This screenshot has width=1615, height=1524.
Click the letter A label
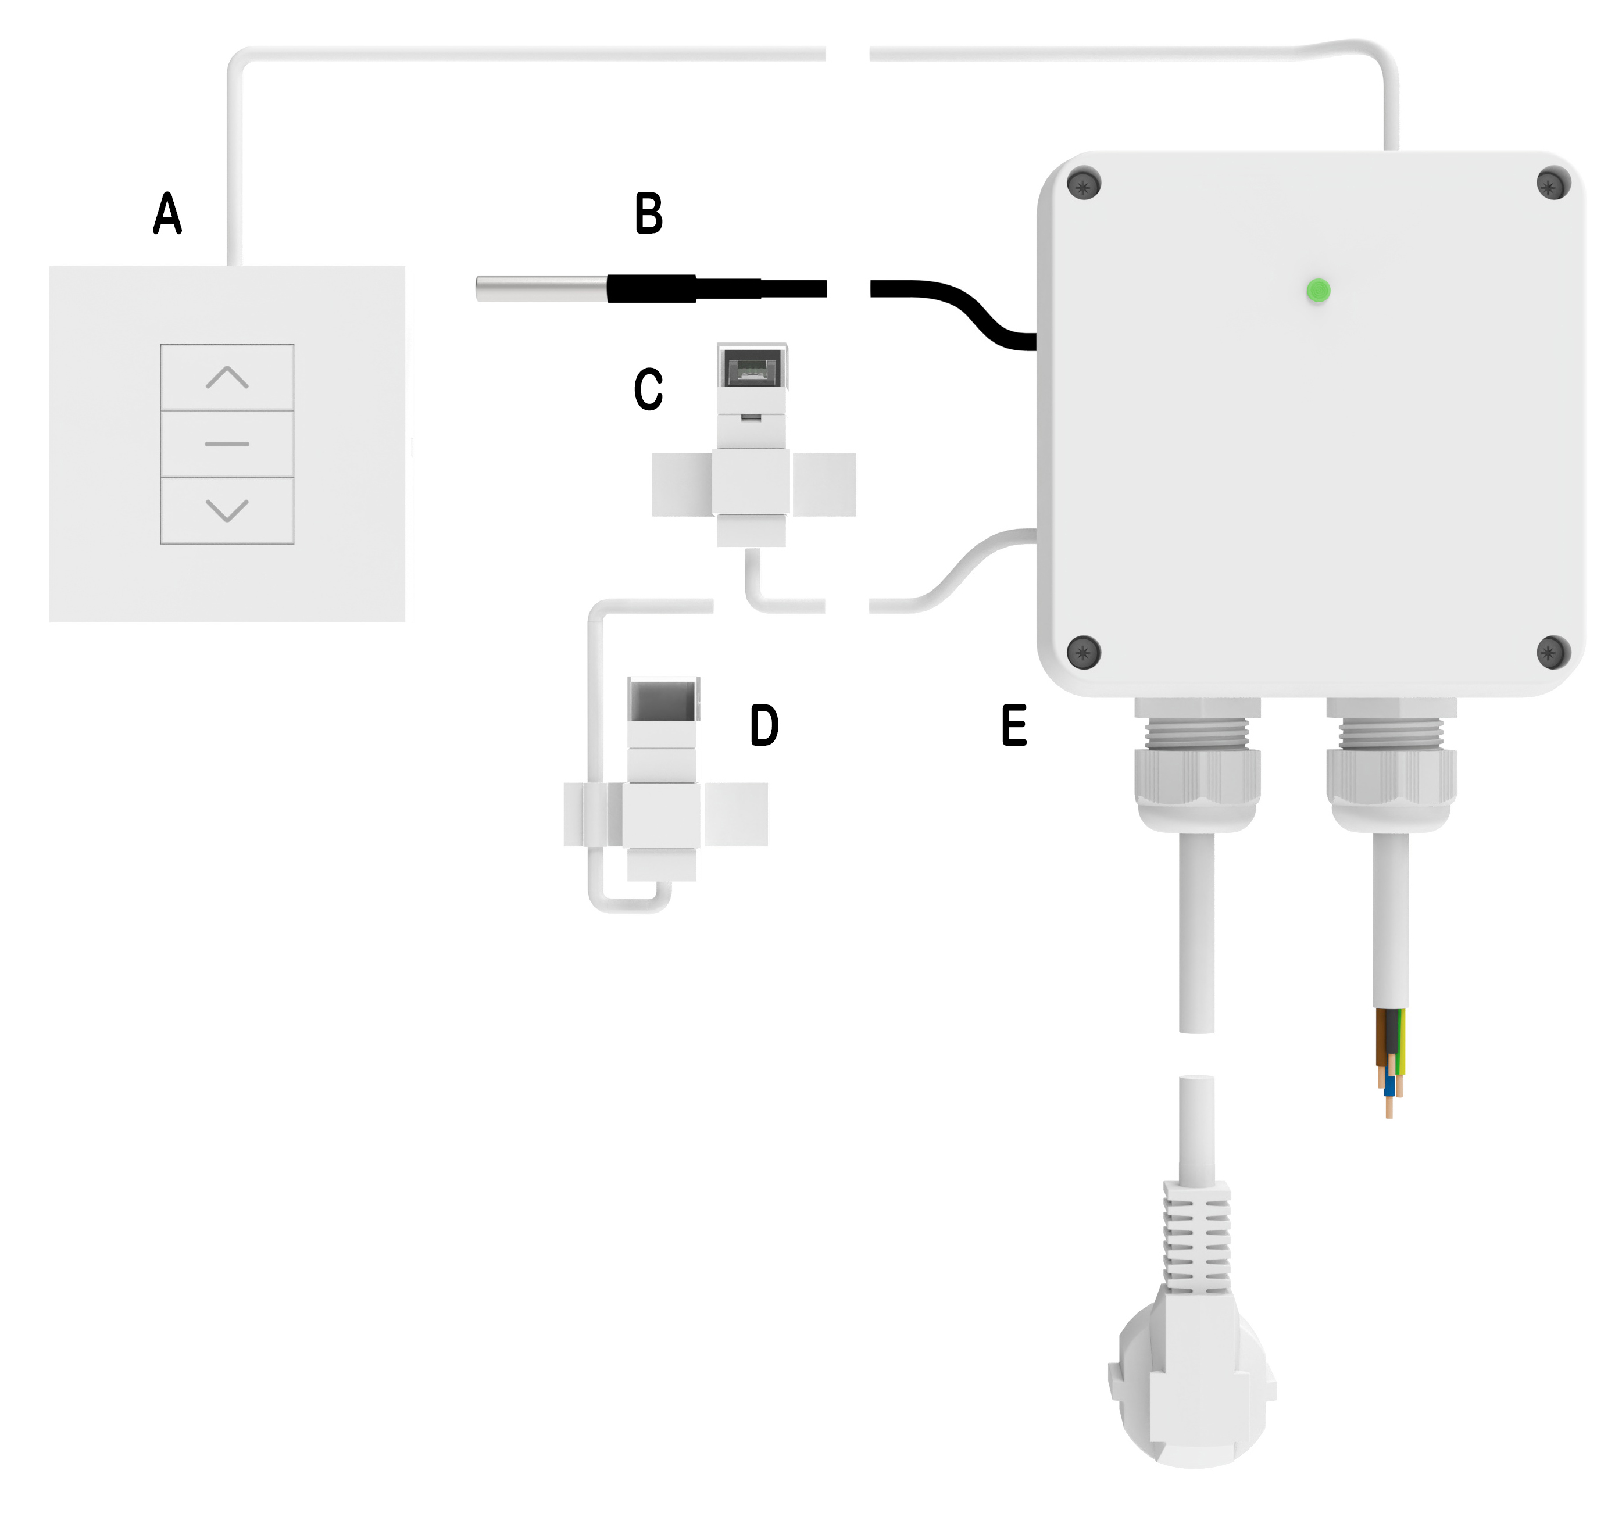coord(167,214)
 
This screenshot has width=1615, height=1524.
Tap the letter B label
coord(648,214)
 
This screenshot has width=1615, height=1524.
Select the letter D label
coord(764,725)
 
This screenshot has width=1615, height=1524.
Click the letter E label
coord(1014,725)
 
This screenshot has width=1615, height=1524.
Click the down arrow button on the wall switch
coord(227,511)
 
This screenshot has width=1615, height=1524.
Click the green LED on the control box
coord(1318,290)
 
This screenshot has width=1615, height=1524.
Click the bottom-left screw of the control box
coord(1084,651)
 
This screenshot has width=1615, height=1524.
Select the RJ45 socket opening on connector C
coord(752,368)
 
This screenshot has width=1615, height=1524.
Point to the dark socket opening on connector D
coord(663,700)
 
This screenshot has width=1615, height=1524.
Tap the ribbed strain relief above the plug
coord(1196,1239)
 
